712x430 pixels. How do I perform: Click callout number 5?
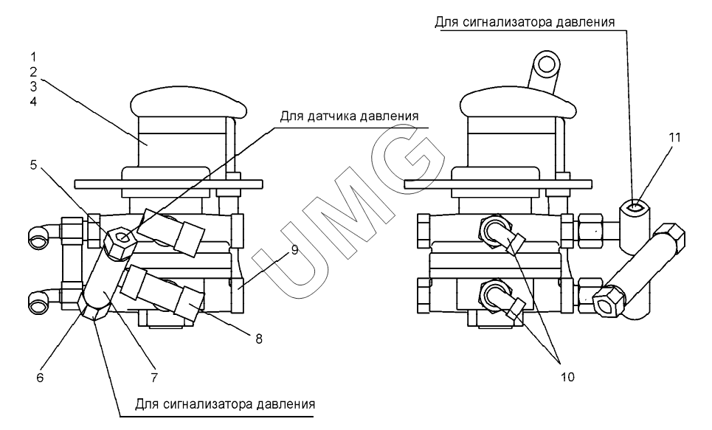(34, 164)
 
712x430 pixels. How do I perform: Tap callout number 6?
(40, 378)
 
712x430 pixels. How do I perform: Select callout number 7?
(154, 378)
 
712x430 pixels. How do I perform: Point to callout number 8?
(259, 339)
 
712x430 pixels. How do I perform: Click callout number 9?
(294, 250)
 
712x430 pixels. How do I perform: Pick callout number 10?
(567, 377)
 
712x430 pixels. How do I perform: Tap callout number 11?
(675, 137)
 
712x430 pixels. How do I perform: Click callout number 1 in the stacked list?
(33, 58)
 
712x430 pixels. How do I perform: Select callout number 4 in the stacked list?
(33, 101)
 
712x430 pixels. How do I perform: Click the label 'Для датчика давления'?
(349, 117)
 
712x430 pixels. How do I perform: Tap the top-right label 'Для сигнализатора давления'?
(525, 22)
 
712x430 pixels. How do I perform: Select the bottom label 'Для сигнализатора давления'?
(225, 403)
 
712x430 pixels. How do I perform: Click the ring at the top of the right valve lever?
(547, 64)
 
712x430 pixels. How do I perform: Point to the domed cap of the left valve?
(188, 103)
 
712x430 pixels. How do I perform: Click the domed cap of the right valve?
(518, 103)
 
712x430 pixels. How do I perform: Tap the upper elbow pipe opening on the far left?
(38, 236)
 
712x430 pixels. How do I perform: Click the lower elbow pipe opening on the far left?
(38, 301)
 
